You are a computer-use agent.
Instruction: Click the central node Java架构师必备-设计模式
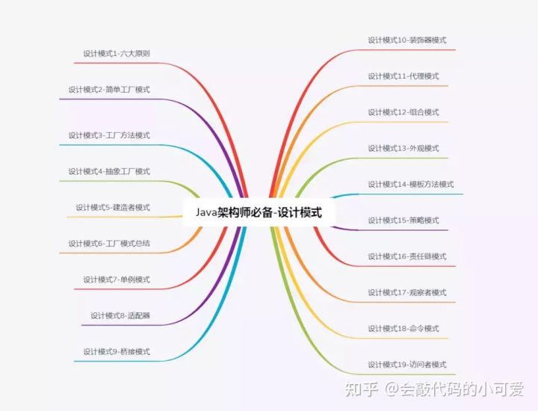[259, 212]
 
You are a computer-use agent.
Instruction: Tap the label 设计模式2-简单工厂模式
[109, 90]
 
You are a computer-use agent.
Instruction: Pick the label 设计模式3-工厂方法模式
[109, 135]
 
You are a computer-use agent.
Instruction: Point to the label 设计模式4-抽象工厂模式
[109, 171]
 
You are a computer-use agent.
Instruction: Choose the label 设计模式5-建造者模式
[113, 207]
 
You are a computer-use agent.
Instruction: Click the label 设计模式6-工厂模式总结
[109, 243]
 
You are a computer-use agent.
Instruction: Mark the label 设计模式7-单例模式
[117, 279]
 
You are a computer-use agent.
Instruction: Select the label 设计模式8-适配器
[120, 315]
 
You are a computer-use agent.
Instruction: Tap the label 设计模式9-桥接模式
[117, 351]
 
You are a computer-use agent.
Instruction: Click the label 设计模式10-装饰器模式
[407, 40]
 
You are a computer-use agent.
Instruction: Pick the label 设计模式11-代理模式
[403, 76]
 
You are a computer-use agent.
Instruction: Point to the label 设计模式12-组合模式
[403, 112]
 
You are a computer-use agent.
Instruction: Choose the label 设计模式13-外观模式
[403, 148]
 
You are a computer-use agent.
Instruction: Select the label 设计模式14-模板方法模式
[411, 184]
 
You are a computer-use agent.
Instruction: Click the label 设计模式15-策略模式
[403, 220]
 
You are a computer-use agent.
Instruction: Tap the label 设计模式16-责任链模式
[407, 256]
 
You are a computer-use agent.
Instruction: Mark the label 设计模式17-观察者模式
[407, 292]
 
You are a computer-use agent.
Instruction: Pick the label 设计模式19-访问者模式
[407, 365]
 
